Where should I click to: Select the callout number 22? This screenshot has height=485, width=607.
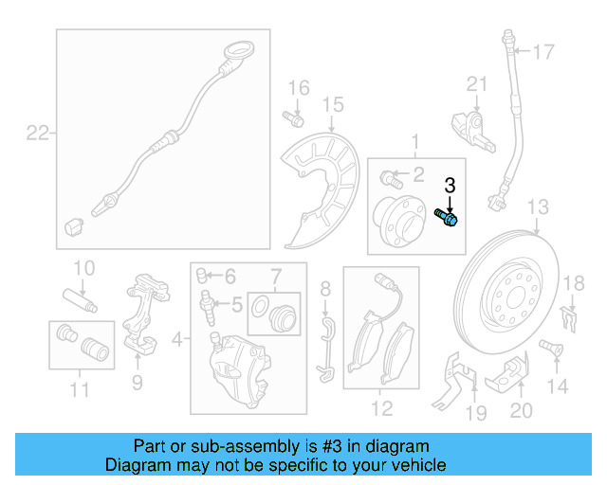point(36,134)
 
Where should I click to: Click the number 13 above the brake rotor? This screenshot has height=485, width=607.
point(538,207)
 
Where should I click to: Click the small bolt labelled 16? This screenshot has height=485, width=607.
point(292,119)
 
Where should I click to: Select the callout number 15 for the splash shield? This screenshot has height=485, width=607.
point(332,104)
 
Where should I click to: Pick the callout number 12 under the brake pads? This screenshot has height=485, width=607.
point(381,410)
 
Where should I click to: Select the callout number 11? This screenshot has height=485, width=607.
point(79,389)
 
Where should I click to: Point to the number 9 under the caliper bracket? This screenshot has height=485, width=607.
point(137,383)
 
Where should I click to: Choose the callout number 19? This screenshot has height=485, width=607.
point(476,412)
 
